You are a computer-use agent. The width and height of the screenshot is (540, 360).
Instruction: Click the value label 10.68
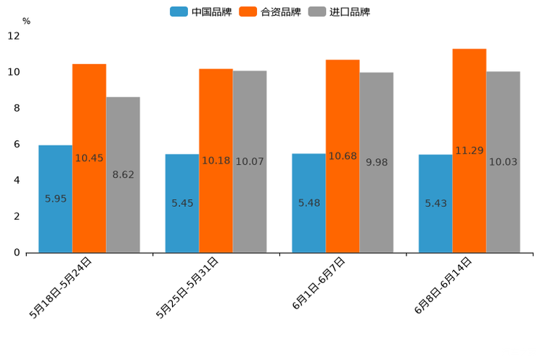click(x=343, y=156)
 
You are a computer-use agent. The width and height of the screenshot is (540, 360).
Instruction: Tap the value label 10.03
click(x=503, y=162)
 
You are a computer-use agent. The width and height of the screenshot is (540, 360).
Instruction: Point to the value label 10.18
click(x=216, y=160)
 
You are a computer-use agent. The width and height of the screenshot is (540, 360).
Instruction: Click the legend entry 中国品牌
click(x=201, y=12)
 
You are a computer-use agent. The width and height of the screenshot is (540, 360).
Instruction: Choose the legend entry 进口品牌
click(x=339, y=12)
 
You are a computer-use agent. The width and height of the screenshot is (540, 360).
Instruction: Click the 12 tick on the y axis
click(x=14, y=36)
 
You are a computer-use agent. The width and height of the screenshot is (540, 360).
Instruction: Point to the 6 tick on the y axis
click(x=16, y=144)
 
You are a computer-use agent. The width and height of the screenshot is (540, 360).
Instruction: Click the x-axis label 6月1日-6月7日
click(x=319, y=284)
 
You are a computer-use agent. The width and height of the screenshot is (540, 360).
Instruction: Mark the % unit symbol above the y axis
click(x=26, y=21)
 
